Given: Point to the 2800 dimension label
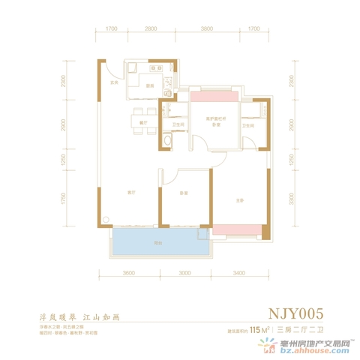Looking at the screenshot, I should (151, 29).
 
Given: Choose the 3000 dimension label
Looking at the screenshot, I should (185, 274).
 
